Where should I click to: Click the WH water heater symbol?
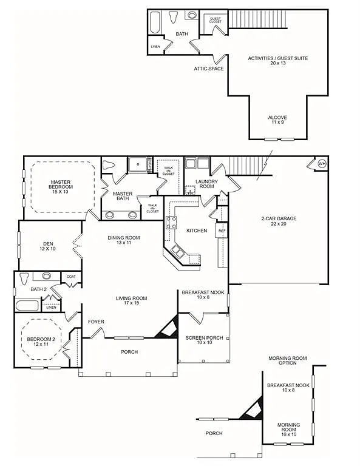click(x=322, y=163)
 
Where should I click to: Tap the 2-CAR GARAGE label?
click(x=278, y=221)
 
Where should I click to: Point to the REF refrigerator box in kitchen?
click(x=222, y=231)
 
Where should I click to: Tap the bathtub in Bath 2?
click(x=28, y=305)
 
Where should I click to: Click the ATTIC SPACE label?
click(x=209, y=69)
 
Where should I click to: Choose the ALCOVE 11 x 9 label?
click(x=277, y=120)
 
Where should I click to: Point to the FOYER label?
click(x=97, y=322)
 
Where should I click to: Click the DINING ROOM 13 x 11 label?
click(x=124, y=240)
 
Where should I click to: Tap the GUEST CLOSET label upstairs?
click(x=215, y=20)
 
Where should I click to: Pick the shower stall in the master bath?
click(x=140, y=164)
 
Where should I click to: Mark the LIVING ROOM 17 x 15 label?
click(x=132, y=300)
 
